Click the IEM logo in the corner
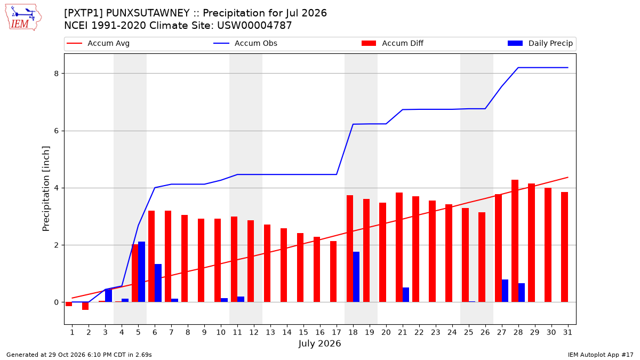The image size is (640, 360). (x=23, y=18)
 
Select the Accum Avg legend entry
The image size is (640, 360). (x=98, y=43)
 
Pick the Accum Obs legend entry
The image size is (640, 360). (x=245, y=43)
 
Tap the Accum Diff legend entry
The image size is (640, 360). (x=393, y=43)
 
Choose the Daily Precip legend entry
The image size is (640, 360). (x=540, y=43)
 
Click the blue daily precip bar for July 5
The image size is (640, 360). (x=142, y=271)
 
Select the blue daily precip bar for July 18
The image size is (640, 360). (x=356, y=277)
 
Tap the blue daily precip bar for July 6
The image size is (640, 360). (x=158, y=283)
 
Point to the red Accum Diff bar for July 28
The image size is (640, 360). (x=515, y=241)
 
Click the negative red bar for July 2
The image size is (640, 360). (x=85, y=306)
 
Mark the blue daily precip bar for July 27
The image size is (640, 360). (x=505, y=291)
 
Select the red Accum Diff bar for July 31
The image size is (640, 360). (x=564, y=247)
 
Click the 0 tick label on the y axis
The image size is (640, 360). (x=57, y=302)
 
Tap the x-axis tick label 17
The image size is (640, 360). (x=337, y=333)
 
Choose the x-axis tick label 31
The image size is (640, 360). (x=567, y=333)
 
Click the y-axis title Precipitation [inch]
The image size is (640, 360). (x=46, y=189)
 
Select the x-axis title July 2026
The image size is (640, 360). (x=319, y=343)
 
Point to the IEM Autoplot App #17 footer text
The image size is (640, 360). (x=601, y=355)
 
